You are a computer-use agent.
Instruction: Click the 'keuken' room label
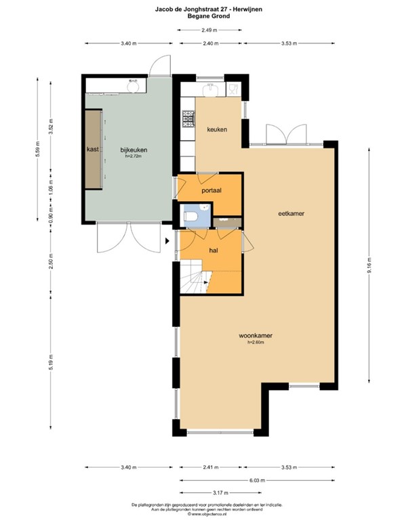[x=217, y=129]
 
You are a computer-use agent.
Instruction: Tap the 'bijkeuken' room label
[x=134, y=150]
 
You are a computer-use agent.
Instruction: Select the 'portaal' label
[x=212, y=191]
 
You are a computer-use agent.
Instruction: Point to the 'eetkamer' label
[x=291, y=213]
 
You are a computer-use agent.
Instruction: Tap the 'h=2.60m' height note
[x=254, y=343]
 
